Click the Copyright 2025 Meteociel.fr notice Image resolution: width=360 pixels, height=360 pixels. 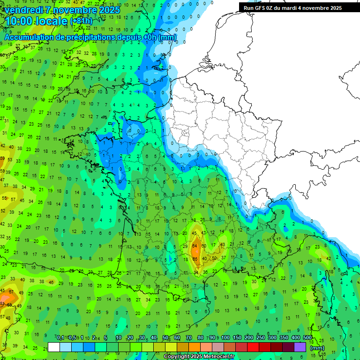[x=199, y=356]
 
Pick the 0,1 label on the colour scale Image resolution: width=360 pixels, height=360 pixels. [x=60, y=338]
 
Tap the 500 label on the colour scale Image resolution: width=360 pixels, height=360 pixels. [x=307, y=338]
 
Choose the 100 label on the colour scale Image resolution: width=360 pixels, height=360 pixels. [x=225, y=338]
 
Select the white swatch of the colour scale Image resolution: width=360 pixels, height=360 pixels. [x=54, y=347]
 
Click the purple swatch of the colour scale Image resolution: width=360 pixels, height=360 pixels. [x=300, y=347]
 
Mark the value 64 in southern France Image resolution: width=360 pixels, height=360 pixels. [x=195, y=246]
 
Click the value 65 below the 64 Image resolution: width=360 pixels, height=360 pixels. [x=195, y=259]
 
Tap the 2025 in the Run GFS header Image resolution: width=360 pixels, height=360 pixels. [x=335, y=8]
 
